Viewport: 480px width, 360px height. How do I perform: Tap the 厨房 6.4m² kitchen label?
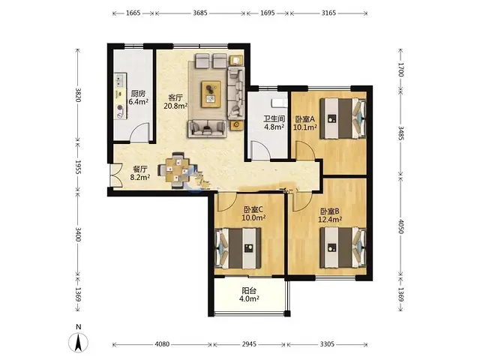pos(138,97)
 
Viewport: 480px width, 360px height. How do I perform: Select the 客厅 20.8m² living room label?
pos(175,102)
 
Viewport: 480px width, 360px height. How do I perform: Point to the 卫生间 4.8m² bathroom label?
pos(274,122)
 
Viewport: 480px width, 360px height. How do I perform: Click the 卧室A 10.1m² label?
pos(305,123)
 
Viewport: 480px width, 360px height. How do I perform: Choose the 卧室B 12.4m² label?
pos(330,215)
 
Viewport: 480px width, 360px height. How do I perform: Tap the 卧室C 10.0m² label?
pos(253,213)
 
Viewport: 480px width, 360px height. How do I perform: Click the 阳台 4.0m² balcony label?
pos(249,295)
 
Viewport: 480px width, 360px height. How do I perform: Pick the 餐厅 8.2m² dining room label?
pos(140,173)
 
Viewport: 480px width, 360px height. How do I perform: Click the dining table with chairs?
pos(176,170)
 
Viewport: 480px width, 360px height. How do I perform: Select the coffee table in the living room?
pos(211,94)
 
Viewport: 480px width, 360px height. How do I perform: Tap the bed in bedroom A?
pos(343,118)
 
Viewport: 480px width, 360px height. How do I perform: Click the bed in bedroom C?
pos(238,248)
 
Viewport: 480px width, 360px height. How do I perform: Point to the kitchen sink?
pos(119,80)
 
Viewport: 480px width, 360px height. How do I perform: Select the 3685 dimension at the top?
pos(200,13)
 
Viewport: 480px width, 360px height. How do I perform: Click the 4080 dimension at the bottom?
pos(162,344)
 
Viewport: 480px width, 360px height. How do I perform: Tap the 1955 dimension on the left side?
pos(78,167)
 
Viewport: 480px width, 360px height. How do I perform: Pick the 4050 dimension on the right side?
pos(401,226)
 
